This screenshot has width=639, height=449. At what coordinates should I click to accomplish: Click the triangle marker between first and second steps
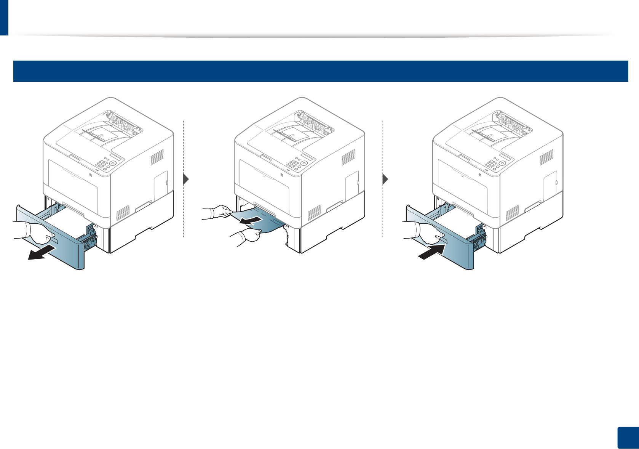[x=186, y=179]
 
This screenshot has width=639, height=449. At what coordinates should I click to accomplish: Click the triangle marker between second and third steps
[x=385, y=179]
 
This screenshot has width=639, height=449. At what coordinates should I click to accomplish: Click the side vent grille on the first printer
[x=157, y=157]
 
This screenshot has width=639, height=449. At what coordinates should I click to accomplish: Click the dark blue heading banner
[x=320, y=71]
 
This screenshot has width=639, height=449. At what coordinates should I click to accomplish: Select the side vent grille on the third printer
[x=546, y=157]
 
